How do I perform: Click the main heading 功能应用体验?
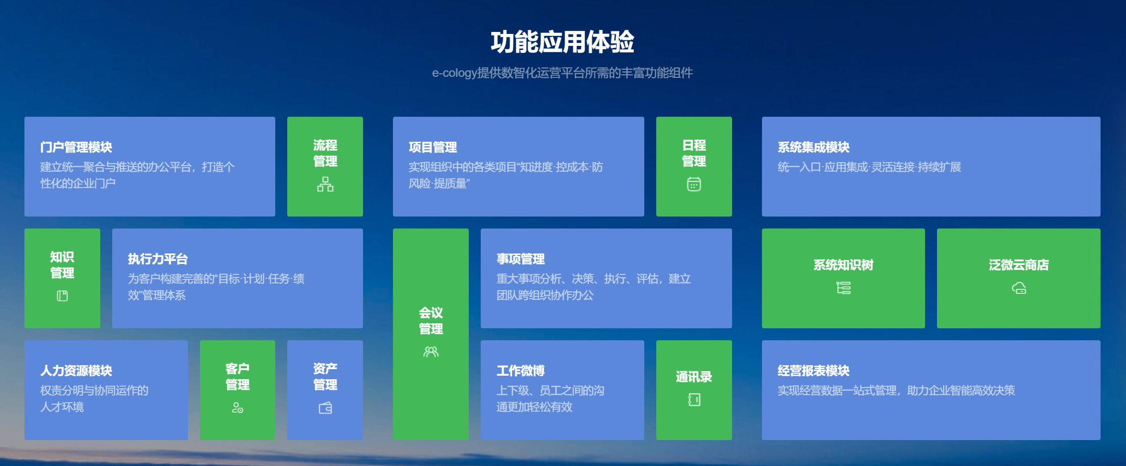pyautogui.click(x=563, y=42)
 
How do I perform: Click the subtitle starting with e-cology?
pyautogui.click(x=563, y=73)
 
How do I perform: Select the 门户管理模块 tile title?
pyautogui.click(x=76, y=147)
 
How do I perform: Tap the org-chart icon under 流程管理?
pyautogui.click(x=325, y=184)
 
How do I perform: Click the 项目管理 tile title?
pyautogui.click(x=433, y=147)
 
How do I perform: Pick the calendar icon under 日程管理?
pyautogui.click(x=694, y=184)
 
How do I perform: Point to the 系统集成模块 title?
pyautogui.click(x=814, y=147)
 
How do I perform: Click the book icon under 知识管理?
pyautogui.click(x=62, y=296)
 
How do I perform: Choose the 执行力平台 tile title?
pyautogui.click(x=158, y=259)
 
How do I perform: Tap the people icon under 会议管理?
pyautogui.click(x=431, y=352)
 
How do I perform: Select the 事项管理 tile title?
pyautogui.click(x=521, y=259)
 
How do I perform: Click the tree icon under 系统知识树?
pyautogui.click(x=844, y=288)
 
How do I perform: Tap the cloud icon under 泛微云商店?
pyautogui.click(x=1019, y=288)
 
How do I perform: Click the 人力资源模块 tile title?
pyautogui.click(x=76, y=371)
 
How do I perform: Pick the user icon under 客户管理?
pyautogui.click(x=237, y=408)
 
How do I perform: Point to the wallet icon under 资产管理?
pyautogui.click(x=325, y=408)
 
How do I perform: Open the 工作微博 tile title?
pyautogui.click(x=521, y=371)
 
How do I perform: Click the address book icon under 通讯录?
pyautogui.click(x=694, y=400)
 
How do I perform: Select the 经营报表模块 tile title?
pyautogui.click(x=814, y=371)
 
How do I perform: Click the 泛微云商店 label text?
pyautogui.click(x=1019, y=265)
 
